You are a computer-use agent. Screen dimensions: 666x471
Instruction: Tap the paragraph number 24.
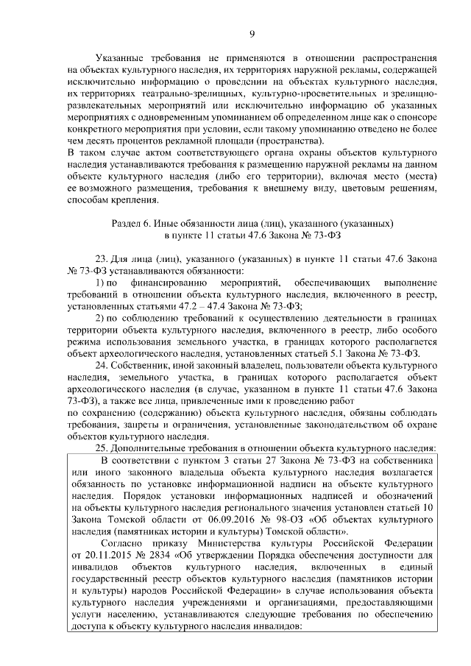[102, 364]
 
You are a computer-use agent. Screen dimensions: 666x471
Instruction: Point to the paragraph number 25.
[102, 448]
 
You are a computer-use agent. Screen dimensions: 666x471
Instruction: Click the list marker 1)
[102, 281]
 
